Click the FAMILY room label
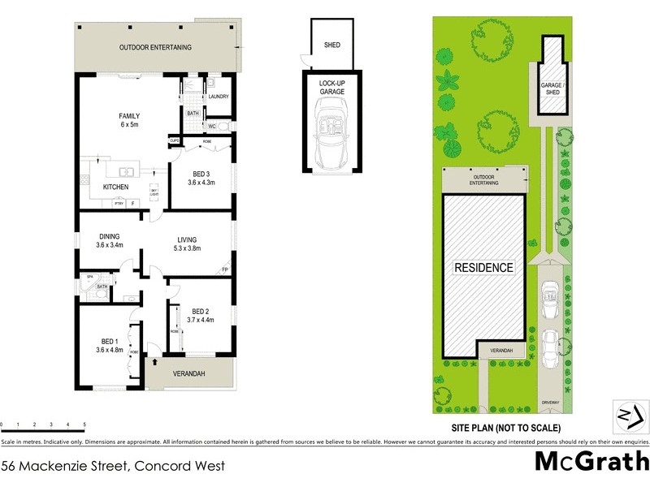130,116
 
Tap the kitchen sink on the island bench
126,172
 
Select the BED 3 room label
203,174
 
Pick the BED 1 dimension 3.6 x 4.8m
109,351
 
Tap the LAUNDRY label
219,97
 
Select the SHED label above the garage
331,45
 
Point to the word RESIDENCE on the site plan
483,268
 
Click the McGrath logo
591,461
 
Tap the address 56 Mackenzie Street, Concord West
113,466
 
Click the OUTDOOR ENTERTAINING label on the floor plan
156,47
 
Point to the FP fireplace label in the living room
225,269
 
